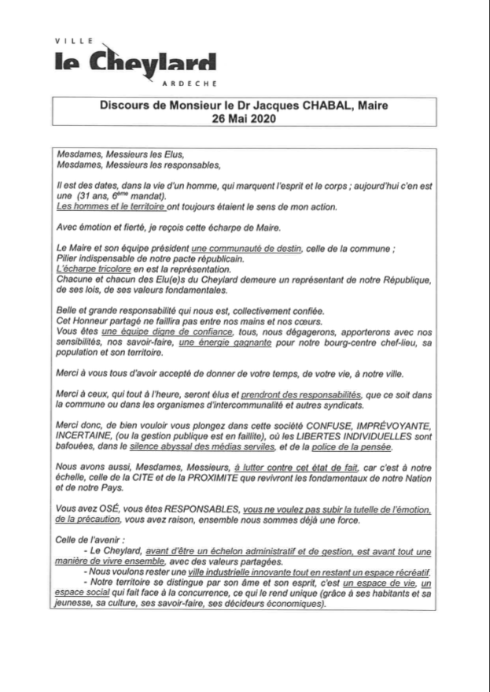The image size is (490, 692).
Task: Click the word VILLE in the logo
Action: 71,39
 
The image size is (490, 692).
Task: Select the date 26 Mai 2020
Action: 245,120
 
